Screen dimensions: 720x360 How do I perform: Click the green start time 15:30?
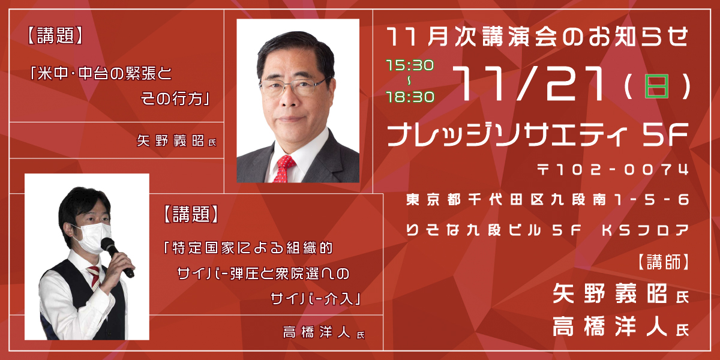tap(410, 65)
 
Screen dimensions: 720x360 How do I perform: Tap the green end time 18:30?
tap(410, 97)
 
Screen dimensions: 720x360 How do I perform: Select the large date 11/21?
tap(532, 83)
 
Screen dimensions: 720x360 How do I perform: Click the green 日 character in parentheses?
tap(656, 86)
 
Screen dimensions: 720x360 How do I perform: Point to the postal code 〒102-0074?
tap(613, 169)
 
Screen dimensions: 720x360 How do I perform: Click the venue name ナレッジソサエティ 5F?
tap(538, 134)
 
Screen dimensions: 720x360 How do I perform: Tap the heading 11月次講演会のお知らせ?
tap(538, 37)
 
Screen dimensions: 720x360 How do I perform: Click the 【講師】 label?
tap(664, 263)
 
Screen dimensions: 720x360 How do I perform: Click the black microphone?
tap(116, 256)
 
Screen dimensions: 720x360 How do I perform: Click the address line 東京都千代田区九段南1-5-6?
tap(547, 200)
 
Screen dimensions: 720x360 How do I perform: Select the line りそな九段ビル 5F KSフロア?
tap(547, 230)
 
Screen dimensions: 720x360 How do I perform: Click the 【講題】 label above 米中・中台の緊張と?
tap(56, 35)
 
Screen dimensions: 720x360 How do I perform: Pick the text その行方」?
tap(175, 98)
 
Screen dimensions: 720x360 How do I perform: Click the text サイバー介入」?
tap(316, 299)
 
